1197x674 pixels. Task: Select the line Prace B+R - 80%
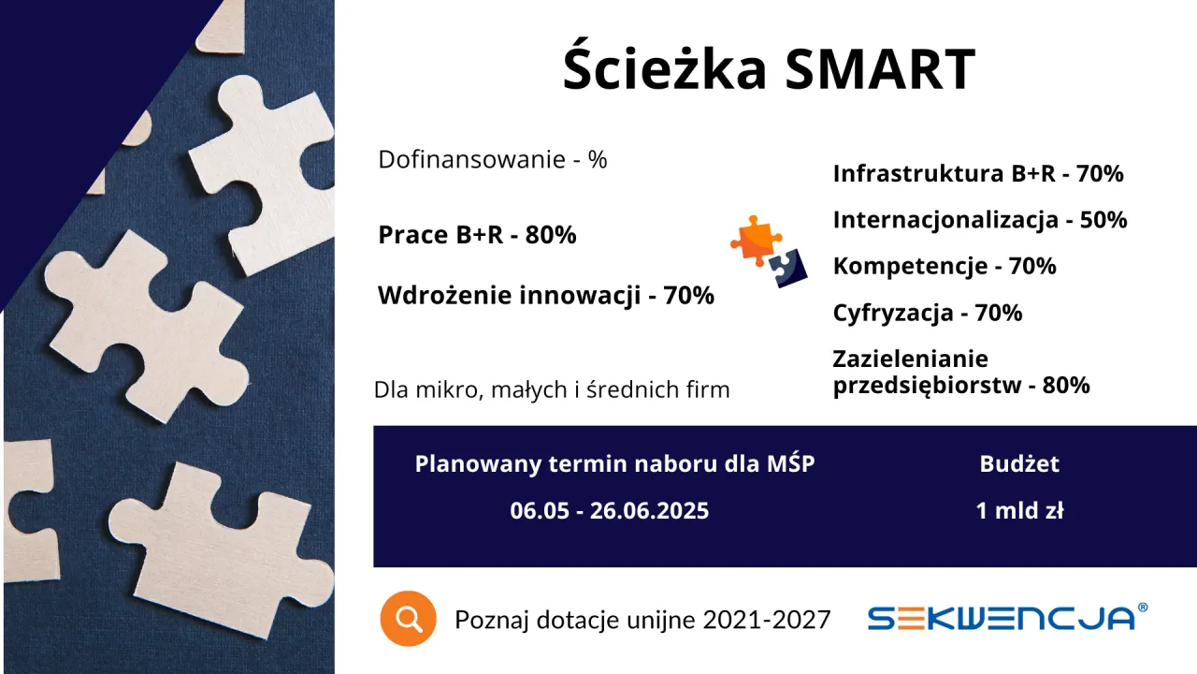pyautogui.click(x=477, y=235)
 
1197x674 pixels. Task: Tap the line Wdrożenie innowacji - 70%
pyautogui.click(x=546, y=296)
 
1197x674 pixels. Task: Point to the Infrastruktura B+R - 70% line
pyautogui.click(x=978, y=173)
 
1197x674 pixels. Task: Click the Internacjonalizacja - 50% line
pyautogui.click(x=980, y=220)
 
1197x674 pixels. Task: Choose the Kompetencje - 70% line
pyautogui.click(x=945, y=266)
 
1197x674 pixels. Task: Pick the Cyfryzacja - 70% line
pyautogui.click(x=928, y=313)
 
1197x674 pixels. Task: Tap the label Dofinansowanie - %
pyautogui.click(x=493, y=160)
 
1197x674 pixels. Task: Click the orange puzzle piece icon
pyautogui.click(x=755, y=238)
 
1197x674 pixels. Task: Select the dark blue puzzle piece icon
pyautogui.click(x=787, y=267)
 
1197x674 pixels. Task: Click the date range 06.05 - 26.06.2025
pyautogui.click(x=610, y=511)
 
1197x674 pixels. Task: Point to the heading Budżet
pyautogui.click(x=1019, y=463)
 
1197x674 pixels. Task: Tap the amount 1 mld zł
pyautogui.click(x=1019, y=511)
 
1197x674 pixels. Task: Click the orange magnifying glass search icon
pyautogui.click(x=409, y=619)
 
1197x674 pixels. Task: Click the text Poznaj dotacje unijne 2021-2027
pyautogui.click(x=642, y=620)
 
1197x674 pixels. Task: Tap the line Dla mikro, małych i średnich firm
pyautogui.click(x=552, y=389)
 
